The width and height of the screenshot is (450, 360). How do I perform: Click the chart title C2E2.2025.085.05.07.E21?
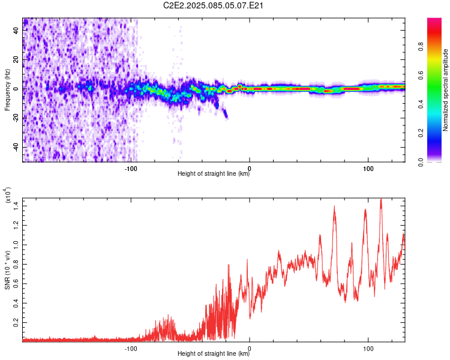click(214, 5)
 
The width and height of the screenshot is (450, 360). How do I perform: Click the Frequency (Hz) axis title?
click(7, 90)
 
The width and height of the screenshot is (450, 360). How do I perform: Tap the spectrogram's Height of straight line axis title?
click(214, 174)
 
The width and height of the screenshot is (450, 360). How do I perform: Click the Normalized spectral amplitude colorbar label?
click(446, 90)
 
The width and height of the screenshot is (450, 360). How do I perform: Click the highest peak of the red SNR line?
click(380, 199)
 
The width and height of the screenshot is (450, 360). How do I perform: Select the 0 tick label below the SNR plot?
click(250, 347)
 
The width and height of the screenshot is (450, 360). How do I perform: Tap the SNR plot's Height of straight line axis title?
click(214, 354)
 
